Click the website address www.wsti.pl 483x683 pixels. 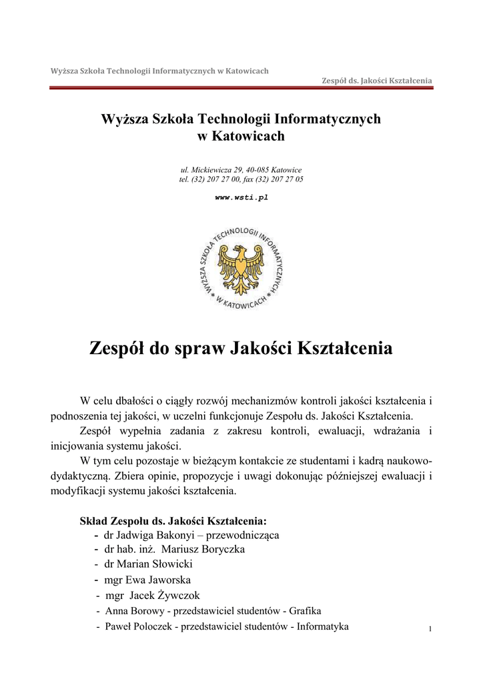(x=241, y=197)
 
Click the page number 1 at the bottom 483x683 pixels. (x=430, y=630)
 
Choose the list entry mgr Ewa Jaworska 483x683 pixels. (x=147, y=580)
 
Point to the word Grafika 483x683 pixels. (x=305, y=611)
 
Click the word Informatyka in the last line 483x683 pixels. (x=323, y=626)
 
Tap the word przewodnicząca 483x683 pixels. (x=242, y=535)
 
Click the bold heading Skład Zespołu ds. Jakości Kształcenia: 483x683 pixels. (x=173, y=520)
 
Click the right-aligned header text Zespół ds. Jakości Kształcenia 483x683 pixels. (x=377, y=81)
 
